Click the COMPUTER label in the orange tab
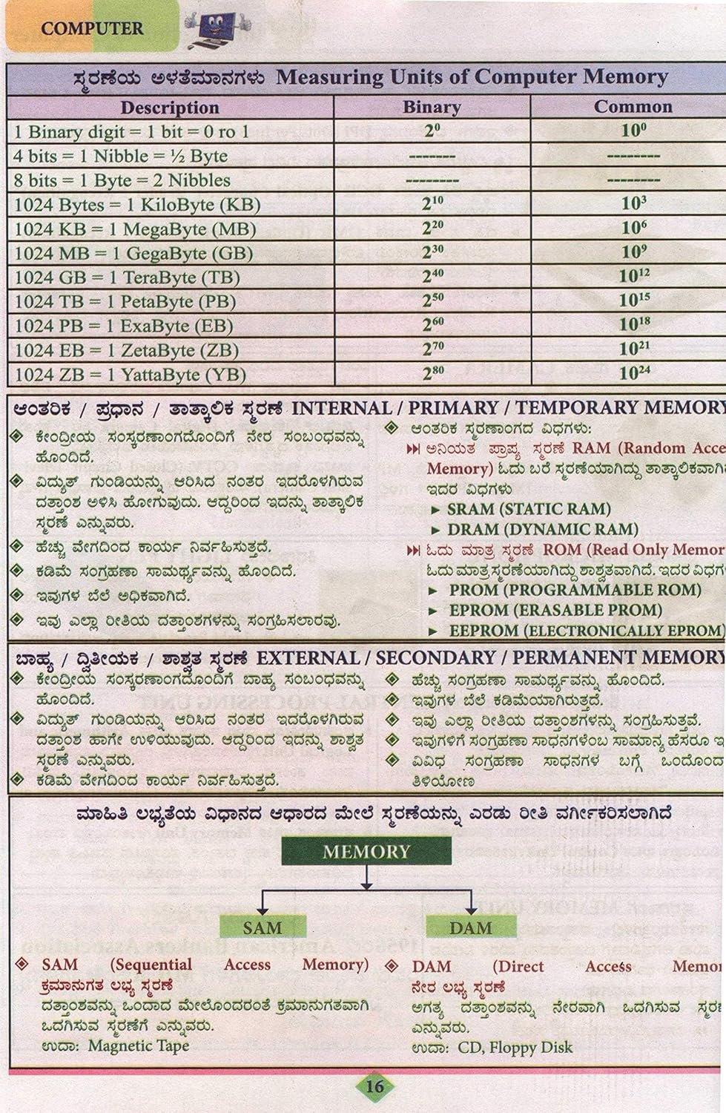92,29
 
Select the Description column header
170,108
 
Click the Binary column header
432,107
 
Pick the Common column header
633,106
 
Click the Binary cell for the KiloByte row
432,204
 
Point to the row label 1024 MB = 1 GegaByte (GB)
133,253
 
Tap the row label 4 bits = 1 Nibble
121,157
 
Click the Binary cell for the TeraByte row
432,277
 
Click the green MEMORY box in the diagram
366,851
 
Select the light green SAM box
263,927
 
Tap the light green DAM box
471,927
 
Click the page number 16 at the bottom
374,1086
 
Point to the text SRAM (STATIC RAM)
529,509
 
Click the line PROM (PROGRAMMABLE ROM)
575,590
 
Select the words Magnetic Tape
139,1045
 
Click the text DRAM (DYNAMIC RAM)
543,529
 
